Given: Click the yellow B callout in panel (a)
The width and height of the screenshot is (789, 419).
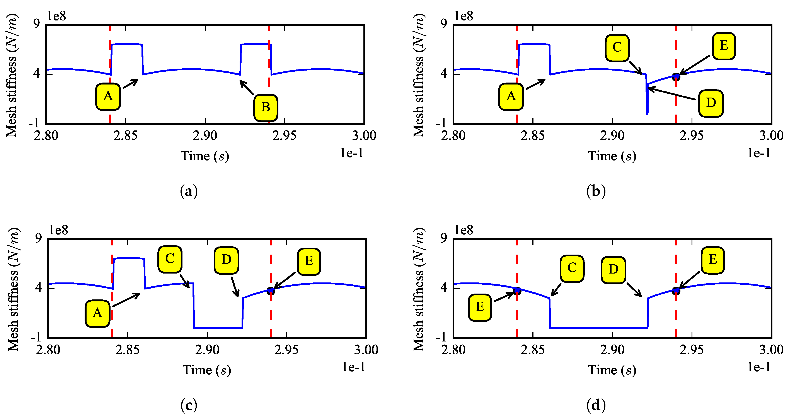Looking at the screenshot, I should pyautogui.click(x=266, y=108).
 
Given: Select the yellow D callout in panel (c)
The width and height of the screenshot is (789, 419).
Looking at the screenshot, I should pyautogui.click(x=226, y=260).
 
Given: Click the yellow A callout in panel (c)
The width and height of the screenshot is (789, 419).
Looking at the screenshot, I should pyautogui.click(x=97, y=313).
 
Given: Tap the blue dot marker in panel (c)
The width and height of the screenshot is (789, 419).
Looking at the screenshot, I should pyautogui.click(x=271, y=291).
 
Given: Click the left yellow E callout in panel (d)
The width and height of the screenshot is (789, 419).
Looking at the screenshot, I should pyautogui.click(x=480, y=307).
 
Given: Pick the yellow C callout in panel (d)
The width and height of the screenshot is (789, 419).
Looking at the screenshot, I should pyautogui.click(x=572, y=269).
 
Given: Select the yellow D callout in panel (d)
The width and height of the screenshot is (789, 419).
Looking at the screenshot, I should pyautogui.click(x=613, y=270).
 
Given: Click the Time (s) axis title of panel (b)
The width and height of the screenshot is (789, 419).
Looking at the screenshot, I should pyautogui.click(x=612, y=156).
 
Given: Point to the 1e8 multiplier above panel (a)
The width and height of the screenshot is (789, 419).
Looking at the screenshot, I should pyautogui.click(x=56, y=16).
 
